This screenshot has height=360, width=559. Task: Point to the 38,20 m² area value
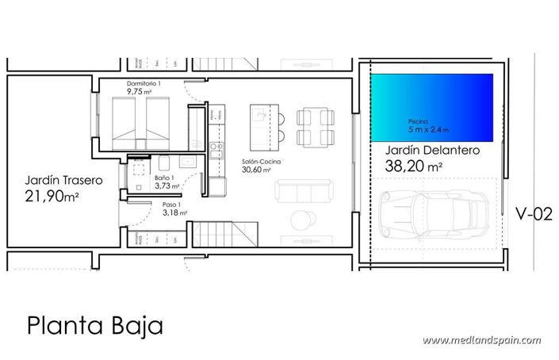pos(413,167)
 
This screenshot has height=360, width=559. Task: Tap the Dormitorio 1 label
pos(144,83)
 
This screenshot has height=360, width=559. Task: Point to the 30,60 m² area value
pos(257,170)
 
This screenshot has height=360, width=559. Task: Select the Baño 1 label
pos(164,178)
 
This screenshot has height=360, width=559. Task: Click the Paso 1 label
pos(163,205)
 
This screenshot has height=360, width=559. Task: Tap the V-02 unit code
pos(533,213)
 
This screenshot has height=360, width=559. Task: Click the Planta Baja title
pos(94,325)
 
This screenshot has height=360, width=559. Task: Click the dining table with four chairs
pos(312,127)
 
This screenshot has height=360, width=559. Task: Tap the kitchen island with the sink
pos(261,125)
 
